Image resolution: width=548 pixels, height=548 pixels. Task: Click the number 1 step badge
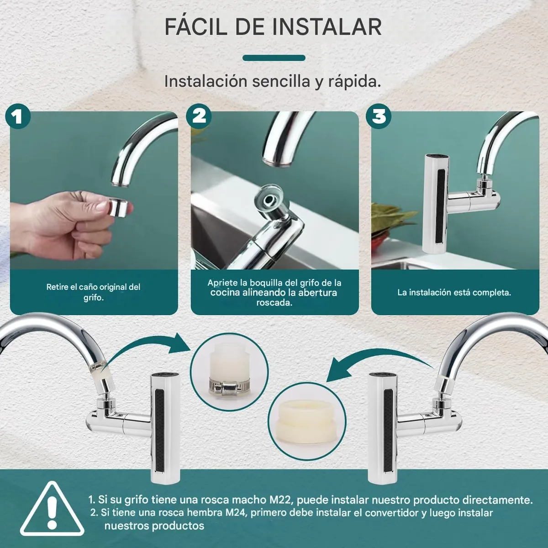point(18,116)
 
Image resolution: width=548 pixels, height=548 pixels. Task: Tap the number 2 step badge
point(199,116)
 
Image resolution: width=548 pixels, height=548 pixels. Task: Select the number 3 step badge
point(379,116)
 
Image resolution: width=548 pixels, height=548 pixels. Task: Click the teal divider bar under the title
point(274,58)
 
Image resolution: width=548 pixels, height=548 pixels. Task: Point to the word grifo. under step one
point(93,298)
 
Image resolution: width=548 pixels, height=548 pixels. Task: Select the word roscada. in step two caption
point(274,303)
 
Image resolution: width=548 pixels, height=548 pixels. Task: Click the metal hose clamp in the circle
point(229,386)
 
